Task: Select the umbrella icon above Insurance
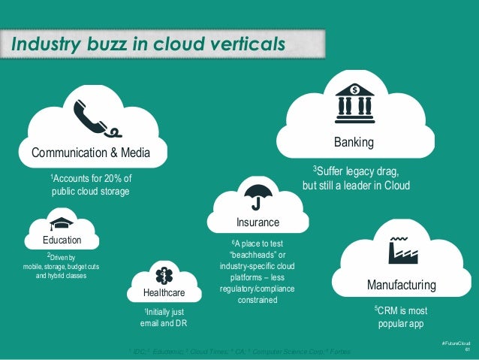coord(257,195)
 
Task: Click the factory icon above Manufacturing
coord(402,250)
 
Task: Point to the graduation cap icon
coord(62,223)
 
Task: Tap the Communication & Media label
coord(90,153)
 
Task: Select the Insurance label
coord(258,222)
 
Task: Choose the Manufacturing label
coord(401,285)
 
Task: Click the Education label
coord(62,240)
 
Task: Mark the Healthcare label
coord(163,292)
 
